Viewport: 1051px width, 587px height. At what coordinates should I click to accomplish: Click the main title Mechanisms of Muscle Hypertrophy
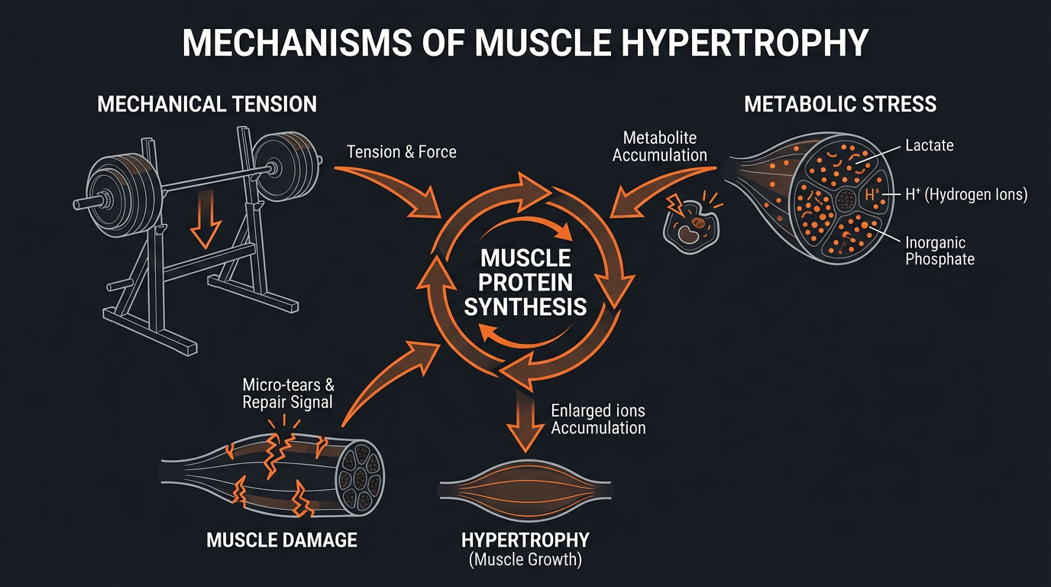point(525,44)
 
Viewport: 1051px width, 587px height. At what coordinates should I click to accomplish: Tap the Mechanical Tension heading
point(207,104)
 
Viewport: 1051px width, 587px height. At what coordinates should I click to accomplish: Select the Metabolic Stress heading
point(840,104)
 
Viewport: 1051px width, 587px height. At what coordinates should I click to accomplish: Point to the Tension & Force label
point(402,152)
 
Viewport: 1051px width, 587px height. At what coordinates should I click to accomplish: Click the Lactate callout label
point(929,144)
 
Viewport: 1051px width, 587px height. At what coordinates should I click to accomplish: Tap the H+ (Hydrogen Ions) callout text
point(966,195)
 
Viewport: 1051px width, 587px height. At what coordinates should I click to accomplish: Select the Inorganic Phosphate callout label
point(939,251)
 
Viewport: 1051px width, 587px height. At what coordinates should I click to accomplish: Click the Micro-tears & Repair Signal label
point(288,393)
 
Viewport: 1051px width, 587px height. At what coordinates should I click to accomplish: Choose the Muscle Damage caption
point(282,540)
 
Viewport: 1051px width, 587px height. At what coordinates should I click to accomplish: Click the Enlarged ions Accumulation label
point(598,419)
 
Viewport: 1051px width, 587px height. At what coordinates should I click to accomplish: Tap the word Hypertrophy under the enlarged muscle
point(525,540)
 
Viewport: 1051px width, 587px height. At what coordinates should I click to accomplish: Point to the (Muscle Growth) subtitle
point(525,560)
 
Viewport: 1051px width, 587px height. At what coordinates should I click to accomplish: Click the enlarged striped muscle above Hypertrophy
point(525,489)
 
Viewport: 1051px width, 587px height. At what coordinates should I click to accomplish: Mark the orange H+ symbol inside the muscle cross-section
point(872,196)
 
